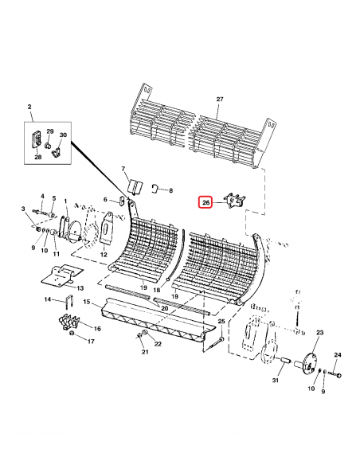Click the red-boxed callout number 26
click(x=205, y=204)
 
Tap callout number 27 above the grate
click(x=221, y=99)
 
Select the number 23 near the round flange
click(x=320, y=332)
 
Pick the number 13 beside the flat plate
click(x=80, y=287)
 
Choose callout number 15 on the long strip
click(x=88, y=303)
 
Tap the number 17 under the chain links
click(x=91, y=341)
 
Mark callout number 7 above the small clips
click(x=123, y=170)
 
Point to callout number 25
click(x=221, y=319)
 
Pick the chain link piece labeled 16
click(x=67, y=325)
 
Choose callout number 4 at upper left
click(x=41, y=196)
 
